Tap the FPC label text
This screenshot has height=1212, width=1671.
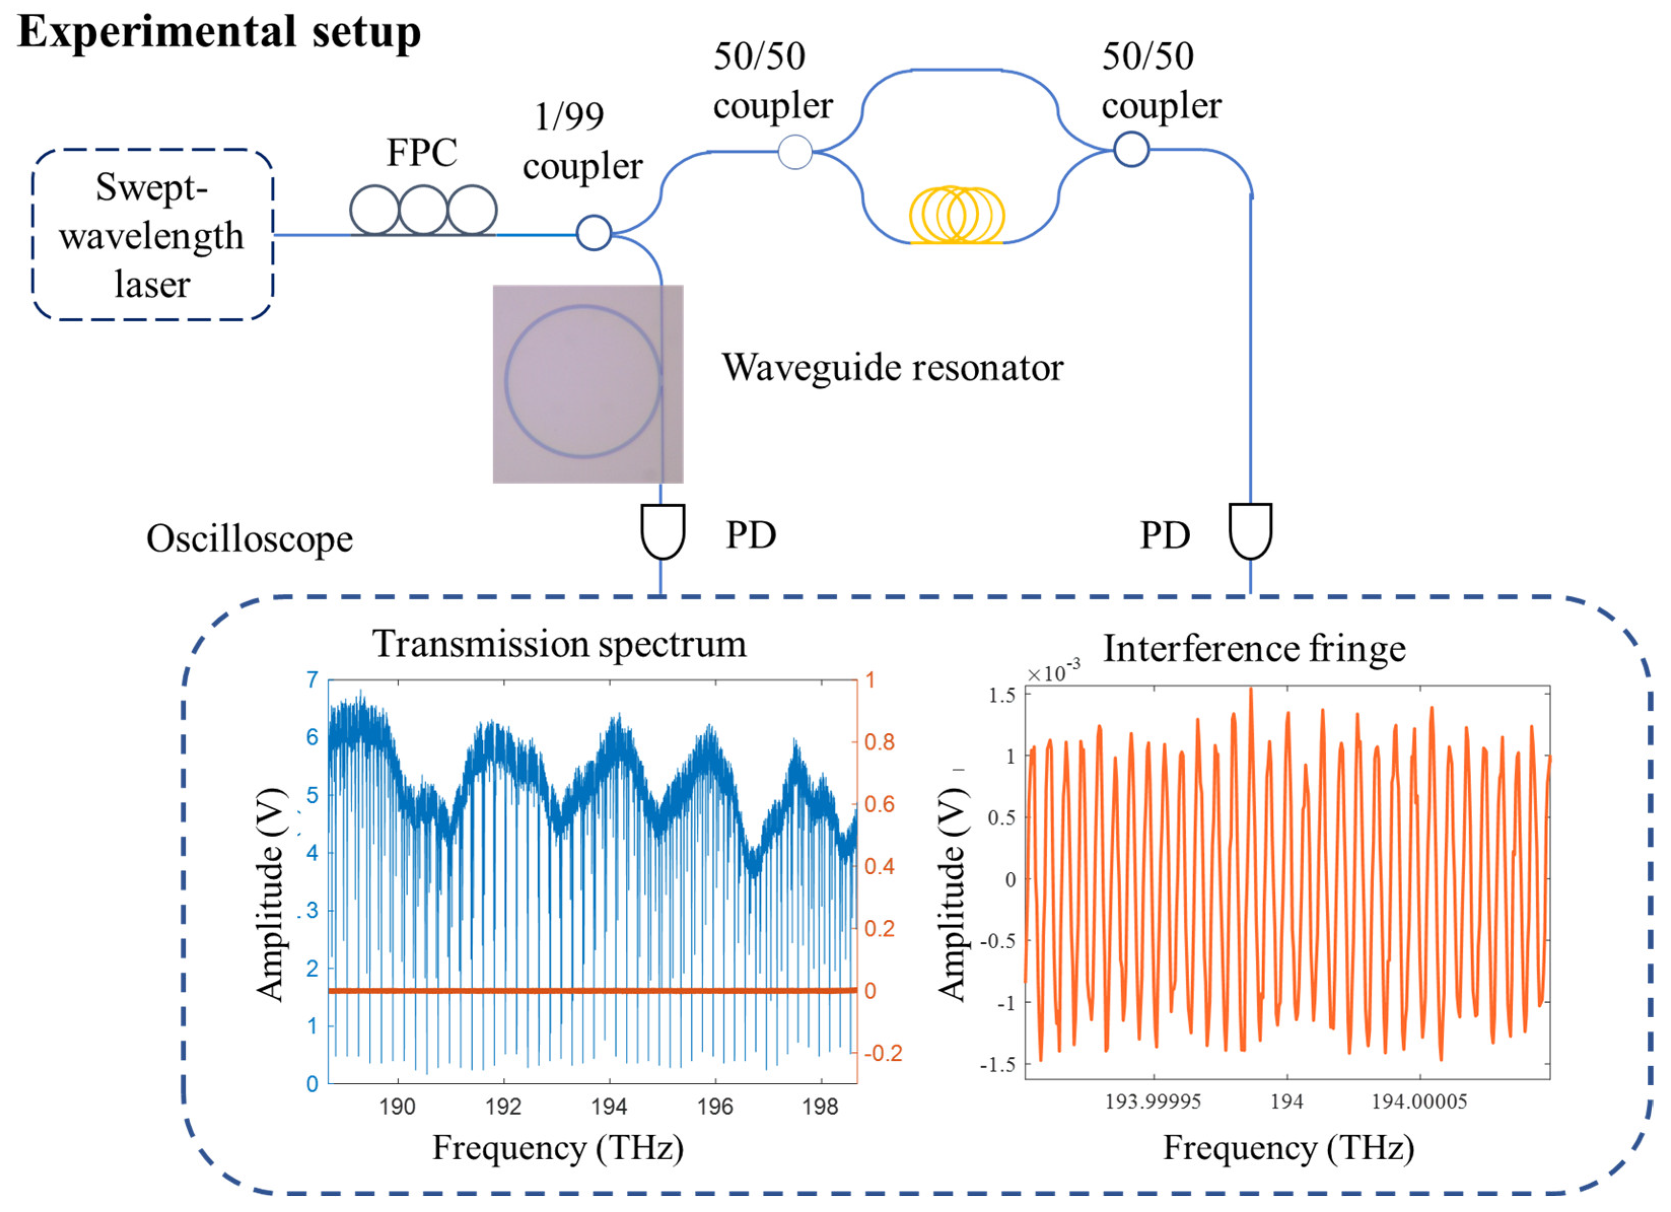pyautogui.click(x=421, y=153)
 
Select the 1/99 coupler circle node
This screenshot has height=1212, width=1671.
pyautogui.click(x=593, y=233)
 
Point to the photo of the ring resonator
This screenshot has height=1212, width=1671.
pyautogui.click(x=587, y=384)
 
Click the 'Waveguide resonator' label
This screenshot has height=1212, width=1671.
pyautogui.click(x=892, y=367)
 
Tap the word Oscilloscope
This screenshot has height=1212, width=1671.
pyautogui.click(x=249, y=539)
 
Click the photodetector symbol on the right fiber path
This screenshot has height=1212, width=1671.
pyautogui.click(x=1250, y=530)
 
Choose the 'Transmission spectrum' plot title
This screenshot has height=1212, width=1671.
pyautogui.click(x=559, y=644)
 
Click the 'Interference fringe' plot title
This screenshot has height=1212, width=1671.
pyautogui.click(x=1254, y=649)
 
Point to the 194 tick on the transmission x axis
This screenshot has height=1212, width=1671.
pyautogui.click(x=609, y=1107)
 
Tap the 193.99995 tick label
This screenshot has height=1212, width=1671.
pyautogui.click(x=1153, y=1101)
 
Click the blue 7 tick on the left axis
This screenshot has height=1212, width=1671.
pyautogui.click(x=312, y=680)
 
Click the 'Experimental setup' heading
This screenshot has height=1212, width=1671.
pyautogui.click(x=219, y=32)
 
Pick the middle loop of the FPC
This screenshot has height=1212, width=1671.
pyautogui.click(x=423, y=210)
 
